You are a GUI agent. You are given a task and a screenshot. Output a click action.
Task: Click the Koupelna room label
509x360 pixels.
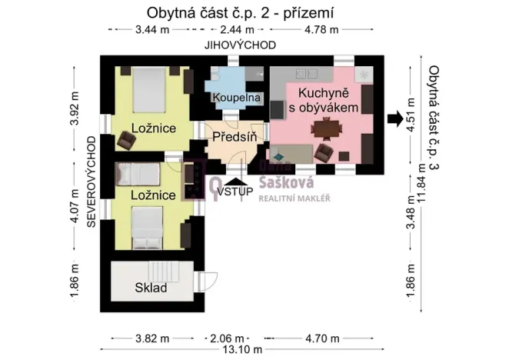[x=237, y=99]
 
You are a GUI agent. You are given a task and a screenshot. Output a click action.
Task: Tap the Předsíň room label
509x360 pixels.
[x=235, y=136]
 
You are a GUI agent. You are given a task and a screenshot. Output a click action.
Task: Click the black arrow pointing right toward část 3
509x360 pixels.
[x=394, y=118]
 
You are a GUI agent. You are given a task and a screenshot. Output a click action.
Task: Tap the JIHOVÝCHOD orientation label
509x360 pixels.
[x=240, y=45]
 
